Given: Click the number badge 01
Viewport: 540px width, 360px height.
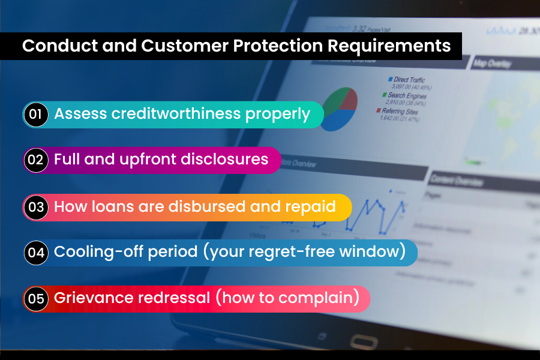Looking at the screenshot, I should point(35,115).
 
